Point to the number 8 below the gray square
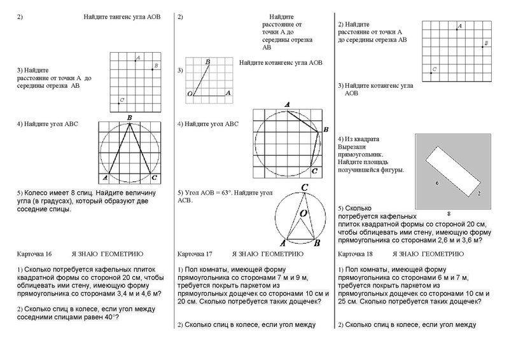pyautogui.click(x=449, y=213)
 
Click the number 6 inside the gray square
pyautogui.click(x=436, y=183)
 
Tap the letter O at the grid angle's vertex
pyautogui.click(x=189, y=93)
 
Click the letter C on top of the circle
pyautogui.click(x=305, y=188)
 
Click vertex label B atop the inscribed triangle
pyautogui.click(x=129, y=118)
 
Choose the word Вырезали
pyautogui.click(x=352, y=146)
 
